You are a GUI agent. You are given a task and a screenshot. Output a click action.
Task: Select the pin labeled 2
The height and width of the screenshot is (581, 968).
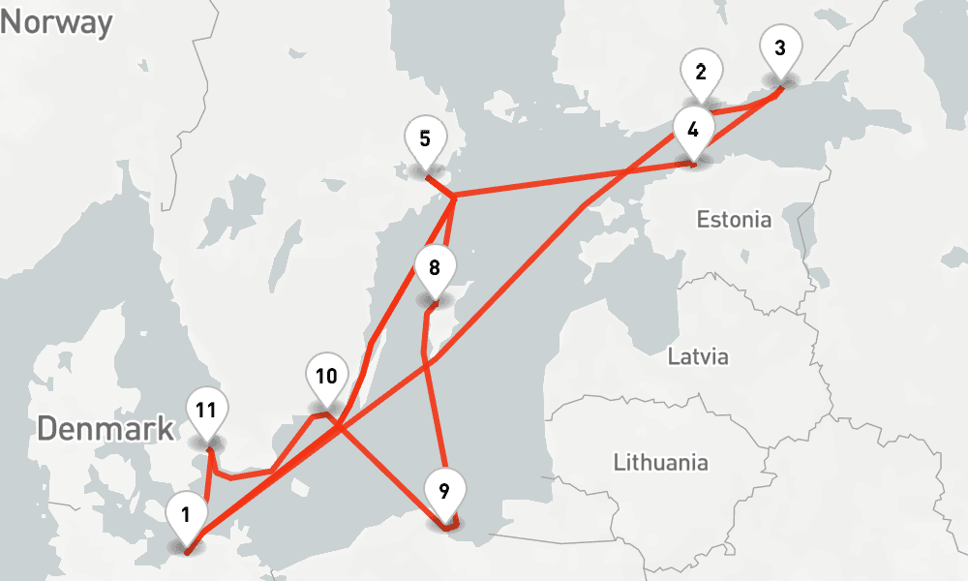click(x=701, y=74)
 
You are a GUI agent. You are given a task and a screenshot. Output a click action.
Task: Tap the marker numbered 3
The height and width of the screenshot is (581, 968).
click(x=780, y=48)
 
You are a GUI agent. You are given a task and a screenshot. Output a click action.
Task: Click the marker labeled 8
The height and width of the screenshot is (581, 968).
click(x=434, y=268)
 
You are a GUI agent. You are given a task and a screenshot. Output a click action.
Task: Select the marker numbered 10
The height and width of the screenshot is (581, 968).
click(x=326, y=378)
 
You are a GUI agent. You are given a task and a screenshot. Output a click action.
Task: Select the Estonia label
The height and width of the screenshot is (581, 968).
click(x=734, y=220)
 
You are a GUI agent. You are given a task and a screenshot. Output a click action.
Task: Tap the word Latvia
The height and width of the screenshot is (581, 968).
click(x=698, y=356)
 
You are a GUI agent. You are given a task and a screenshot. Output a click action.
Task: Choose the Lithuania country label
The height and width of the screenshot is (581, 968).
click(x=660, y=462)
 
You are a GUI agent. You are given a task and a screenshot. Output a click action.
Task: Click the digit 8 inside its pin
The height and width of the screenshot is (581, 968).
click(x=434, y=266)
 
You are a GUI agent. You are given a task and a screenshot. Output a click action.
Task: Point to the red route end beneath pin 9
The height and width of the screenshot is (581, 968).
click(x=444, y=529)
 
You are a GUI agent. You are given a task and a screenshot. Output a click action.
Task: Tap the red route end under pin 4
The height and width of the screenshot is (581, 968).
click(x=693, y=166)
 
